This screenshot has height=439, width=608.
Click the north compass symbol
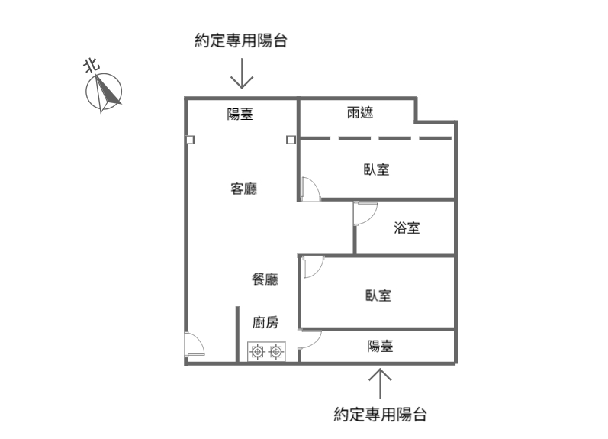(x=105, y=92)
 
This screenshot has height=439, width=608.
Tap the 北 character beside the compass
(x=92, y=66)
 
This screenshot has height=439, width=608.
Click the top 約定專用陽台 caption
(x=241, y=41)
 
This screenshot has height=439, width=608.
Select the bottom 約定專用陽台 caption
(x=380, y=415)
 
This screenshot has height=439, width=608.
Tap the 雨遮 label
(x=360, y=114)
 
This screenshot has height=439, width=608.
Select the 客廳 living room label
(x=243, y=189)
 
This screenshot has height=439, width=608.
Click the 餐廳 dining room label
(x=265, y=279)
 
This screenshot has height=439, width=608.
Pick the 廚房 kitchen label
(x=265, y=322)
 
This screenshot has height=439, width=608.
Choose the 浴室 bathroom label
(x=406, y=228)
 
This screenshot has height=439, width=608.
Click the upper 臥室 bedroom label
(x=376, y=169)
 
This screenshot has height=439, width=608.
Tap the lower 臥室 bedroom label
(x=378, y=295)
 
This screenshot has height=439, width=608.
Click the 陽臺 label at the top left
(x=240, y=115)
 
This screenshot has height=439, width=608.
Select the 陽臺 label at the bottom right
(x=381, y=346)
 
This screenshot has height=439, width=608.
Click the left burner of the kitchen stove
(x=257, y=352)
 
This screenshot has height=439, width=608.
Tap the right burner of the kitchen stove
(x=275, y=352)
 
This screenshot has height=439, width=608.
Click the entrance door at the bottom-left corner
(x=195, y=345)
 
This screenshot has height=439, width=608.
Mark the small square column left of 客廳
(x=189, y=140)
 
